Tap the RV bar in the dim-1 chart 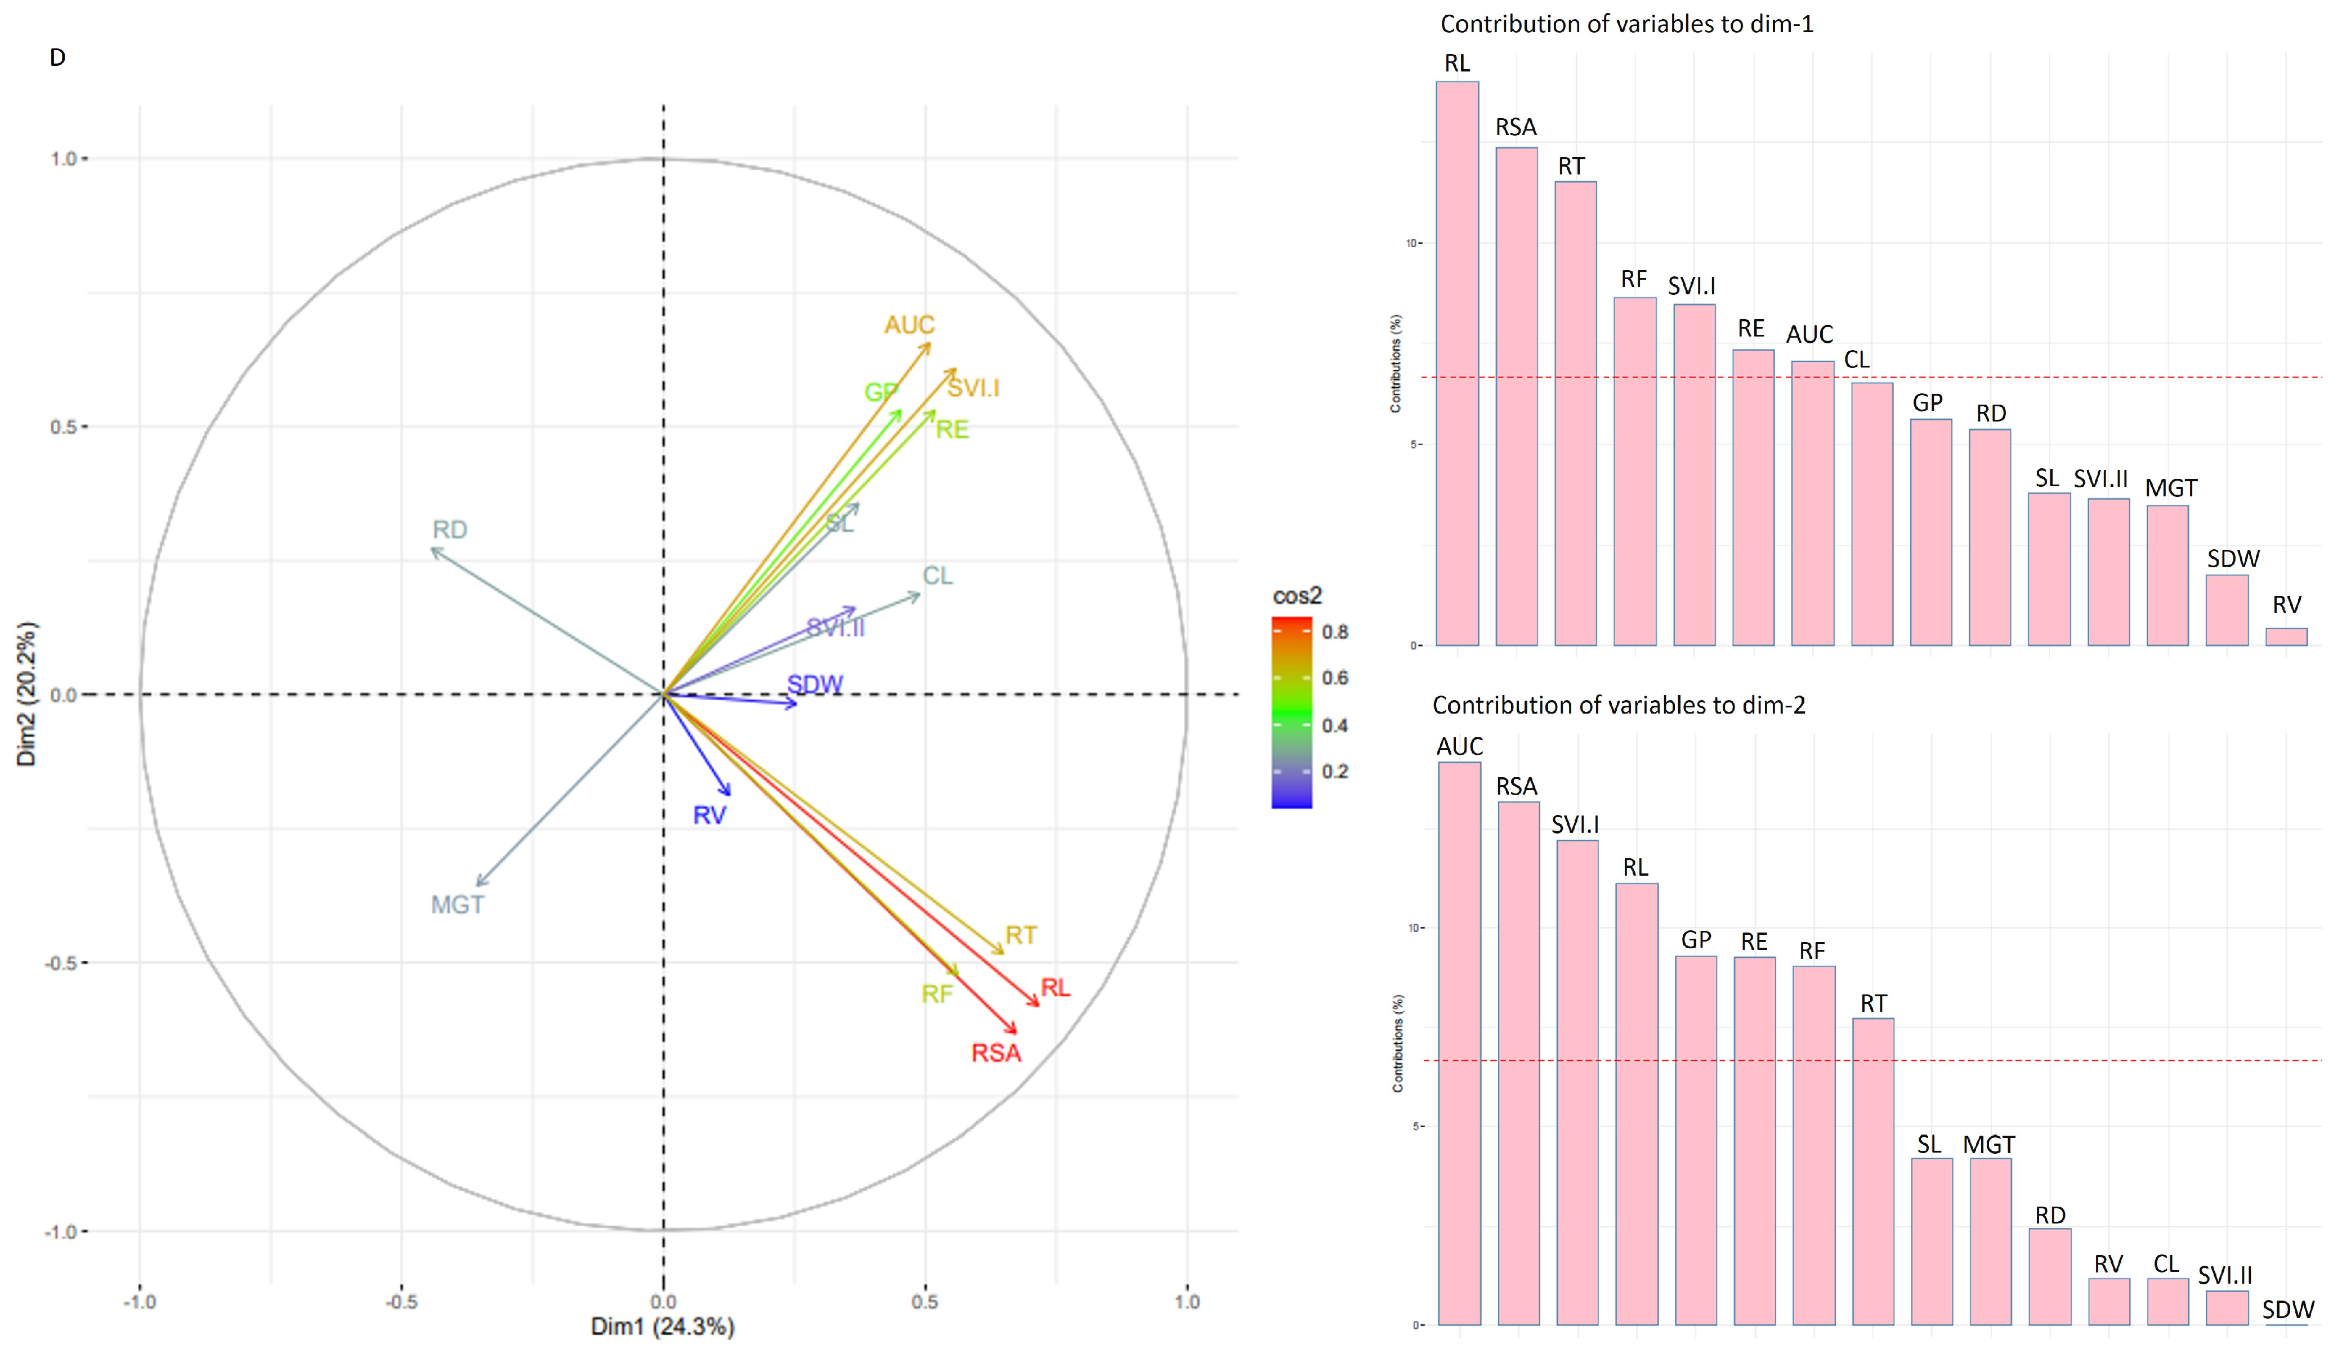pyautogui.click(x=2286, y=637)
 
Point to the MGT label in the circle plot pyautogui.click(x=458, y=905)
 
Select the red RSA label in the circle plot pyautogui.click(x=996, y=1054)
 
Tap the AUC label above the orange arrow pyautogui.click(x=909, y=325)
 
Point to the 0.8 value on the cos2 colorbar pyautogui.click(x=1335, y=632)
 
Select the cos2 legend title pyautogui.click(x=1297, y=596)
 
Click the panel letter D pyautogui.click(x=57, y=57)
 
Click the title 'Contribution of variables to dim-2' pyautogui.click(x=1618, y=705)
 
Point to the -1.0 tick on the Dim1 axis pyautogui.click(x=140, y=1302)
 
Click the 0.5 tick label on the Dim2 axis pyautogui.click(x=62, y=427)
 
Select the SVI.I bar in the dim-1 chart pyautogui.click(x=1693, y=474)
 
